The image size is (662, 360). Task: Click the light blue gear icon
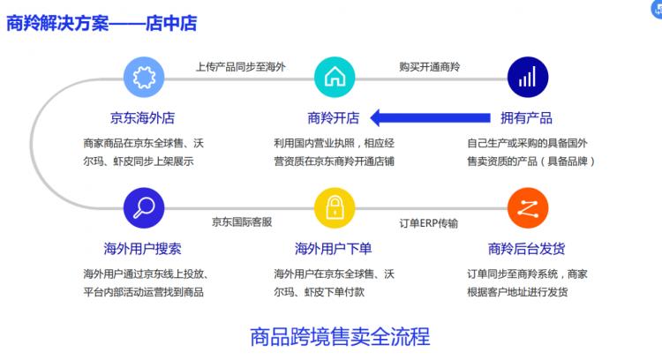coord(144,78)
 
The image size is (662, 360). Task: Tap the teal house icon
coord(335,78)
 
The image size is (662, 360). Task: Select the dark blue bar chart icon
coord(528,78)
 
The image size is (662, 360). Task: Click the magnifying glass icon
coord(144,208)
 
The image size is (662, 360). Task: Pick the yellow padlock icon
coord(335,208)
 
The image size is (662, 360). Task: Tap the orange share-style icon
coord(528,208)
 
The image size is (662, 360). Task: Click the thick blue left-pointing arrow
coord(430,117)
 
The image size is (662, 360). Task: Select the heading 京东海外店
coord(142,117)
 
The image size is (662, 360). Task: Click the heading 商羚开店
coord(334,117)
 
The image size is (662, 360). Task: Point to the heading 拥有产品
coord(526,117)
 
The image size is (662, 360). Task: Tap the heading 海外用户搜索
coord(142,249)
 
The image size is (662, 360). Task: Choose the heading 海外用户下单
coord(333,249)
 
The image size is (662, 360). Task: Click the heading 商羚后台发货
coord(526,249)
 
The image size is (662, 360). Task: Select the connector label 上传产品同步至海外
coord(241,67)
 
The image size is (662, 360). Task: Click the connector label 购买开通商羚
coord(430,67)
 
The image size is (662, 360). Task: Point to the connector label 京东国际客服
coord(242,222)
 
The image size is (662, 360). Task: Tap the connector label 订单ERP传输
coord(429,223)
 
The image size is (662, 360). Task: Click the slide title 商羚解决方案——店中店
coord(102,23)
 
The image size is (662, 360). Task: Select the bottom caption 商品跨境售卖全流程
coord(340,337)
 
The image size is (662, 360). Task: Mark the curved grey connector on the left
coord(31,144)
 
